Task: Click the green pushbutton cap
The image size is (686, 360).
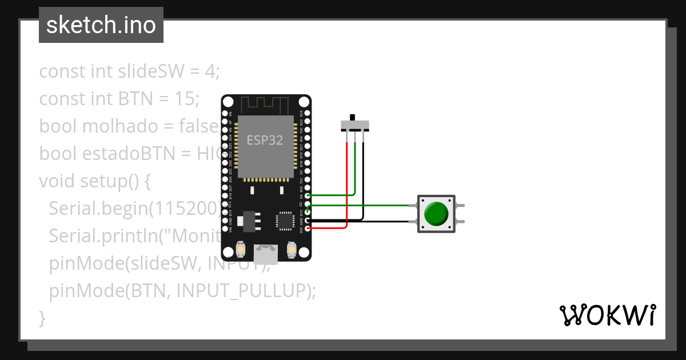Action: [x=437, y=213]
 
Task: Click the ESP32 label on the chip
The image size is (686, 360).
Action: [x=265, y=140]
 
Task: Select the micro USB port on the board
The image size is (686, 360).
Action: [x=266, y=252]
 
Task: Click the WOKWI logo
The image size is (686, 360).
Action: [x=607, y=315]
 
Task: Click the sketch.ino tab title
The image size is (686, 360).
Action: [x=101, y=25]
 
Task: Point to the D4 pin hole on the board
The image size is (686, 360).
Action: [x=308, y=196]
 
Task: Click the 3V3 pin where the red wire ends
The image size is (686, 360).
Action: [x=308, y=229]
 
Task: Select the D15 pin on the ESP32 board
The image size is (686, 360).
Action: [x=308, y=213]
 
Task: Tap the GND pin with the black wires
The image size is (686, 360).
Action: [x=308, y=221]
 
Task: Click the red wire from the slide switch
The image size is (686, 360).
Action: [x=346, y=183]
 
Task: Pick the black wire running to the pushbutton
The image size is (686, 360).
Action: [x=389, y=221]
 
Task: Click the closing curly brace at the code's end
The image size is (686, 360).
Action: [x=42, y=318]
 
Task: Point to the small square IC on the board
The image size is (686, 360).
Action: [x=285, y=221]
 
